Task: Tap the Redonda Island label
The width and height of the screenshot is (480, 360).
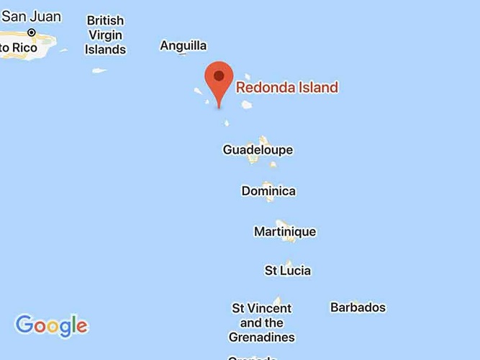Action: click(286, 88)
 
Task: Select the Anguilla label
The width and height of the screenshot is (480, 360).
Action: click(183, 46)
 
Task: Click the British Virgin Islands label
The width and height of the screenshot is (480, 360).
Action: click(105, 35)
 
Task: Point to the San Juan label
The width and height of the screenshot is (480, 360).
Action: click(31, 17)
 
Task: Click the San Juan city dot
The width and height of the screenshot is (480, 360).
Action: click(32, 32)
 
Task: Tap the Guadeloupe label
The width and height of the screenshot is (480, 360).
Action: click(258, 150)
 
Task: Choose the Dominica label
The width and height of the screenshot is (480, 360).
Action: click(268, 191)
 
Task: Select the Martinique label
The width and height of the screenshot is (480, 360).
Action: click(285, 232)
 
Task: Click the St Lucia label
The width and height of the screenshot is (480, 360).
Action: click(288, 271)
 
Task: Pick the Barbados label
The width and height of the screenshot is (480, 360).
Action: click(358, 307)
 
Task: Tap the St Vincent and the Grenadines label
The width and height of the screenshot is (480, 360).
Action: click(261, 323)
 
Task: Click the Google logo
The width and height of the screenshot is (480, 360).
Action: click(52, 325)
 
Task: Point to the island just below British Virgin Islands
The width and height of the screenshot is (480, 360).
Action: click(99, 71)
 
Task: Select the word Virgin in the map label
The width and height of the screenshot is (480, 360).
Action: click(105, 35)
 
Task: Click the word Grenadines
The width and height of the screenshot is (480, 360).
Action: click(261, 337)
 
